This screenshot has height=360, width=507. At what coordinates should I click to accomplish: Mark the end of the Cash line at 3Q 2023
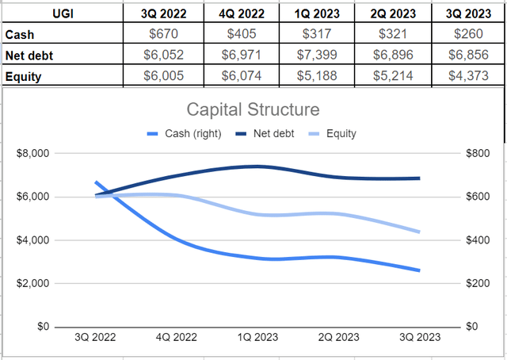pos(419,270)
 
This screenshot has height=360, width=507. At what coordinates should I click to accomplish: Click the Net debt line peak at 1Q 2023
pos(256,167)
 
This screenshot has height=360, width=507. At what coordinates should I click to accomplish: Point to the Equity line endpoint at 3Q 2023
pos(419,232)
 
